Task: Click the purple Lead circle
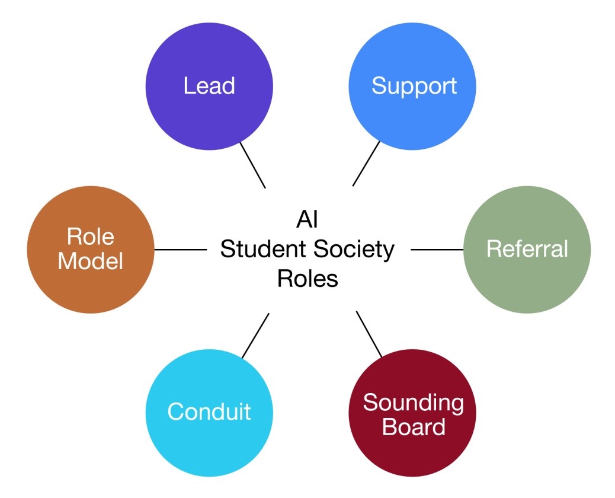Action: pos(209,85)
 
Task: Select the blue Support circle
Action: pos(413,85)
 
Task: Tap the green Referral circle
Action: pos(527,249)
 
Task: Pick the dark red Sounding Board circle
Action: pos(413,413)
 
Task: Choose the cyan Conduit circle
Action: pos(209,411)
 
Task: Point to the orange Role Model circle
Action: pos(91,249)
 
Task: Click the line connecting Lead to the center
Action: pos(252,165)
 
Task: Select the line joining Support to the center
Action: pos(366,164)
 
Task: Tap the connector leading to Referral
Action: pos(437,250)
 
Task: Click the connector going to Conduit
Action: pos(255,336)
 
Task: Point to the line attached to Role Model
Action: pos(180,250)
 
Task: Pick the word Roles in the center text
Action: pos(307,279)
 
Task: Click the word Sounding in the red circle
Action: pos(413,403)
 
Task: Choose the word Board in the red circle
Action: pos(413,427)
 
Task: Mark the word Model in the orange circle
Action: pos(91,261)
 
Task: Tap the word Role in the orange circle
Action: pos(91,237)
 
